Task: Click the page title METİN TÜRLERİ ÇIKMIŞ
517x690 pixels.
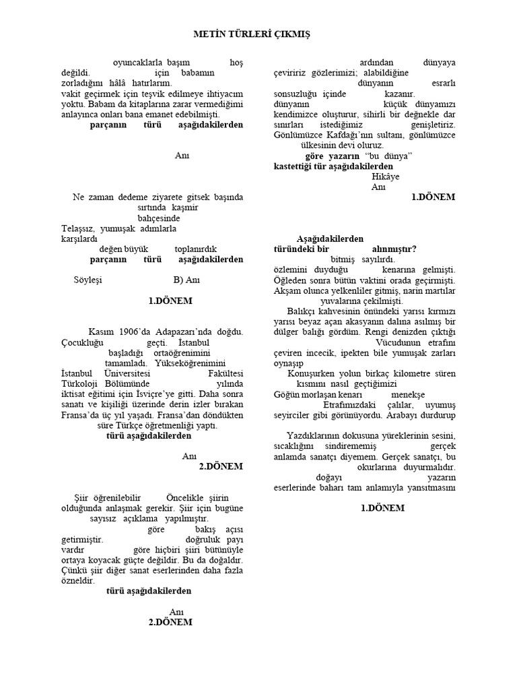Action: click(252, 33)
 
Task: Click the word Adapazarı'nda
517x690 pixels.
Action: click(192, 332)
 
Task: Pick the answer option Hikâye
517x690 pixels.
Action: click(385, 177)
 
